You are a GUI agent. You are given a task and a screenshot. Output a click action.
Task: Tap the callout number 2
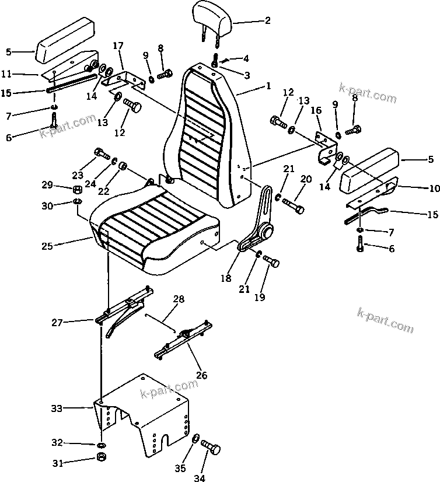[x=268, y=21]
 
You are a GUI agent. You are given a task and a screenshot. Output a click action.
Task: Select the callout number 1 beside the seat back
[x=268, y=86]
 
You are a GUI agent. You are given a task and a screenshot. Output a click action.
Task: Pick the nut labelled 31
[x=100, y=456]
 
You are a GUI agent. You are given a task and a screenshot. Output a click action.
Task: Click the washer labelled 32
[x=101, y=444]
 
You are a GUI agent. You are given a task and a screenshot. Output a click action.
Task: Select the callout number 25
[x=47, y=246]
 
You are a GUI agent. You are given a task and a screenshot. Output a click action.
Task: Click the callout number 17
[x=118, y=46]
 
